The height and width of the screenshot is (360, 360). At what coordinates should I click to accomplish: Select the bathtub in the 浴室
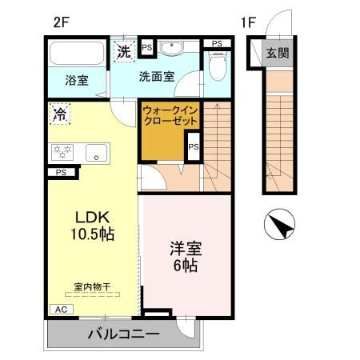point(74,55)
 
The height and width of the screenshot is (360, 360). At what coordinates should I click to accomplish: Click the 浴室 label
point(76,80)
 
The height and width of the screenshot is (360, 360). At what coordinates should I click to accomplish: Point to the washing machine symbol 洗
point(124,51)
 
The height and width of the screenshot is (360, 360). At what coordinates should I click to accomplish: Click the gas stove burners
point(62,151)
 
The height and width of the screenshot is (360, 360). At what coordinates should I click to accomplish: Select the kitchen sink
point(97,152)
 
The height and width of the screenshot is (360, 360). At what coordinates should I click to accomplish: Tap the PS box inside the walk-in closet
point(194,146)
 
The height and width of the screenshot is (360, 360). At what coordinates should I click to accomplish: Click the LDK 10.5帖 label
point(94,225)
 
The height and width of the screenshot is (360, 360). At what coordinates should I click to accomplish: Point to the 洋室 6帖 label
point(184,255)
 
